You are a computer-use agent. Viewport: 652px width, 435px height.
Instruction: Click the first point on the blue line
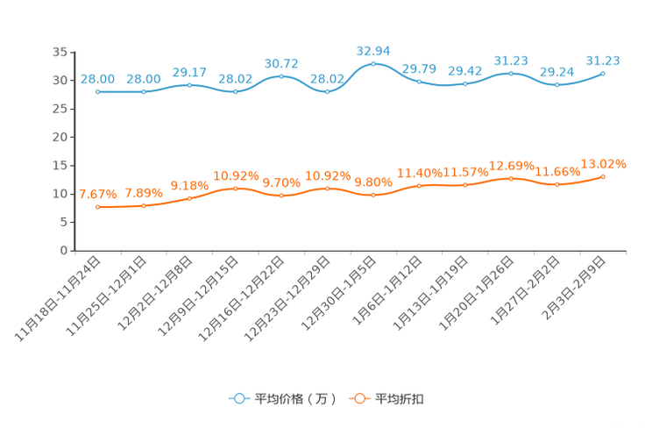tap(97, 91)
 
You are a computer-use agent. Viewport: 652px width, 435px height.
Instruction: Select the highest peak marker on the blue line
tap(373, 63)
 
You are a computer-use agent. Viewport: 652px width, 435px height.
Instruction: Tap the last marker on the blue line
tap(603, 73)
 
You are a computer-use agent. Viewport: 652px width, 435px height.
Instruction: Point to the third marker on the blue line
tap(189, 84)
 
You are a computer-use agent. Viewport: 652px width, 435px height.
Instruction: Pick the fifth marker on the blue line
tap(281, 76)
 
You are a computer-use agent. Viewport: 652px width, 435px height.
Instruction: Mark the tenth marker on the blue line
tap(511, 73)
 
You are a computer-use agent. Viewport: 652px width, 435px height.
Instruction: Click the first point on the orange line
tap(97, 207)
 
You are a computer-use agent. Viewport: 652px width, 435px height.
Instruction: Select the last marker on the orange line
tap(603, 176)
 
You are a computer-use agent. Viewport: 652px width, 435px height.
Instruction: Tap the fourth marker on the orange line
tap(235, 189)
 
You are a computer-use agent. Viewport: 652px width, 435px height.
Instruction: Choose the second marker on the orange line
tap(143, 205)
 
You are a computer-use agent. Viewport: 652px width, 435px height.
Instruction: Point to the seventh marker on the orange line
tap(373, 195)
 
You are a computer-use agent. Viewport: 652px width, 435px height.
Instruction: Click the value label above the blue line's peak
tap(373, 50)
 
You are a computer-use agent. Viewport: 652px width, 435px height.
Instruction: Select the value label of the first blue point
tap(97, 79)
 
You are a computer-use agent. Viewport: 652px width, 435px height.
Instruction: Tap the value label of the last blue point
tap(603, 61)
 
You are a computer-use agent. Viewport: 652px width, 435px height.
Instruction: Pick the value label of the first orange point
tap(97, 194)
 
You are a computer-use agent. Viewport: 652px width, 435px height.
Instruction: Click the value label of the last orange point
tap(604, 164)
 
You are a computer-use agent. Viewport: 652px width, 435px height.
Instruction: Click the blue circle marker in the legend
tap(238, 398)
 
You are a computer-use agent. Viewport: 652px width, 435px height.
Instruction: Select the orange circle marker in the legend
tap(358, 398)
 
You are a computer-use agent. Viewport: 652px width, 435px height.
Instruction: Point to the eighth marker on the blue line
tap(419, 82)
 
